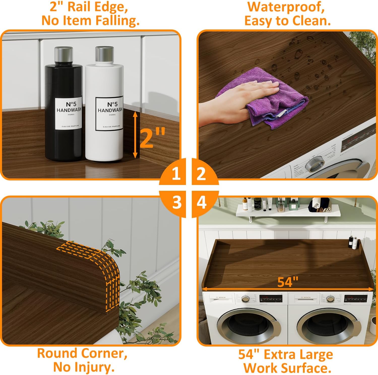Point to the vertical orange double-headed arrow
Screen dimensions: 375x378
coord(135,135)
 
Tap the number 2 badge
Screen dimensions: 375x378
coord(201,173)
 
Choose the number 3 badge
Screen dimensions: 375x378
coord(176,202)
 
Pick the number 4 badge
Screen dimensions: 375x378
coord(201,202)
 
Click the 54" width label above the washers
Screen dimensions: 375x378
coord(288,282)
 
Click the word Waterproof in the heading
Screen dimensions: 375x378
coord(286,7)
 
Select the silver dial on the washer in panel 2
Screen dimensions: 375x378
coord(314,165)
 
